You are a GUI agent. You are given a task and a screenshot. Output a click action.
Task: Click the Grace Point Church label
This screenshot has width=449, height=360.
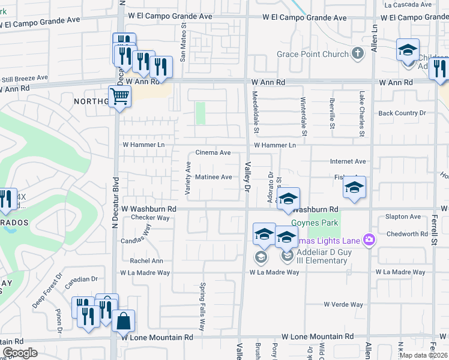coord(312,55)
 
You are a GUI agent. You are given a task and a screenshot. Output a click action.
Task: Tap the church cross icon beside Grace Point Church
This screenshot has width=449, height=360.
coord(358,54)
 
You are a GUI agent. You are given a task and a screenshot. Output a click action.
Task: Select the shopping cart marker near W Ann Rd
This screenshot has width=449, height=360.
coord(119,96)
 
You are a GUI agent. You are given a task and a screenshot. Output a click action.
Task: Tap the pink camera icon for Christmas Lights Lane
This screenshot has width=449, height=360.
coord(368,240)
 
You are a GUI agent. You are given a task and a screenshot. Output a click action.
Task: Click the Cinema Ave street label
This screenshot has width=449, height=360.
coord(213,153)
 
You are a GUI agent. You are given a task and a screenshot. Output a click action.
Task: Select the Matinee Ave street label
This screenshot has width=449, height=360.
coord(213,177)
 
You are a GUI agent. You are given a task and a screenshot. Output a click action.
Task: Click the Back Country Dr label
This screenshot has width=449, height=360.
coord(402,113)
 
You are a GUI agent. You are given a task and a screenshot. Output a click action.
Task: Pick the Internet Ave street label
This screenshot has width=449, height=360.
coord(348,161)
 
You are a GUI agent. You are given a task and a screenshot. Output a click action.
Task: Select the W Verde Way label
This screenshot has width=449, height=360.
coord(343,305)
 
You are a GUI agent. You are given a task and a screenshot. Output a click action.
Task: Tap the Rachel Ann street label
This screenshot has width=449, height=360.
coord(146,261)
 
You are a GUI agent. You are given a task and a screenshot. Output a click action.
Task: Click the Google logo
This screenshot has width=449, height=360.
coord(20,353)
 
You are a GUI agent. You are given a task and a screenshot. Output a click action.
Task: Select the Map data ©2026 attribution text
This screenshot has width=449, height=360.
coord(423,355)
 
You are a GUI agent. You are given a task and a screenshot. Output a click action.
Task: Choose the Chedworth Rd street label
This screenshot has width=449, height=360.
coord(406,234)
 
